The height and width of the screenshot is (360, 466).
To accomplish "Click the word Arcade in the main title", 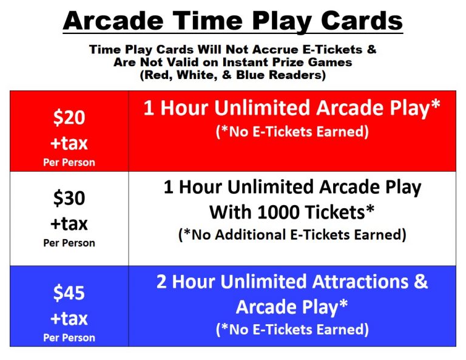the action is pos(113,21).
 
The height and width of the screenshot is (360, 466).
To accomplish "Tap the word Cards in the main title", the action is pos(362,21).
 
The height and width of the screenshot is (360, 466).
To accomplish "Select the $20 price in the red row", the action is pos(69,117).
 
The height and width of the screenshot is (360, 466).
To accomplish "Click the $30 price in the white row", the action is pos(69,198).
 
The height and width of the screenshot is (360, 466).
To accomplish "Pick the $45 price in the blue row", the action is pos(69,293).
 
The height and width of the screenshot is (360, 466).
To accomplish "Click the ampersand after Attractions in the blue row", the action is pos(420,281).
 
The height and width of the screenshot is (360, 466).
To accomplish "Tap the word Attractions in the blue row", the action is pos(360,282).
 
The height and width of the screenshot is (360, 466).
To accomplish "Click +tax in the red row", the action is pos(69,143).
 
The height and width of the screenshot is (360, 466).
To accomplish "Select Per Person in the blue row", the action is pos(69,338).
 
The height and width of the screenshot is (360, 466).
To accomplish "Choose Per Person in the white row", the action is pos(69,243).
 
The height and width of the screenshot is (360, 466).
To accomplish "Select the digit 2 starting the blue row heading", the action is pos(161,282).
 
